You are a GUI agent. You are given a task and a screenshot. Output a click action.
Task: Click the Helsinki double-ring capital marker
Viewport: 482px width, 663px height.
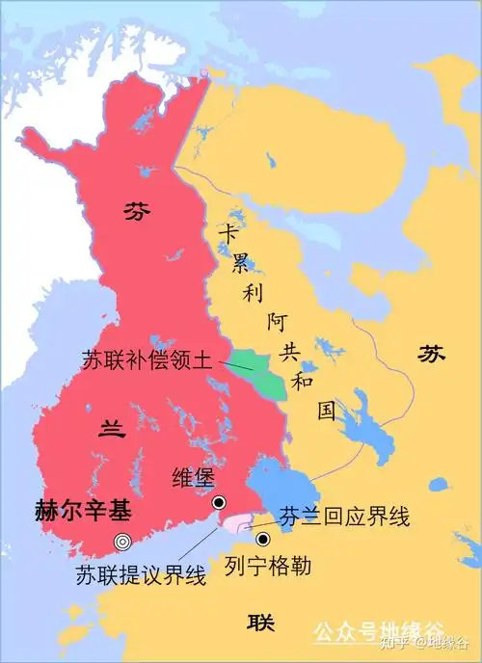coord(122,541)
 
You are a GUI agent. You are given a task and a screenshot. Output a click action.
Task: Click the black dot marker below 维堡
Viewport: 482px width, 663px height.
coord(219,502)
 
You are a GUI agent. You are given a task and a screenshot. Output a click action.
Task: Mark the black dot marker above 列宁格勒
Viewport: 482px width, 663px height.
coord(261,539)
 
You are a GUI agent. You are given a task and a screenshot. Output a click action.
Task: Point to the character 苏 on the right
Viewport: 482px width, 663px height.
coord(432,356)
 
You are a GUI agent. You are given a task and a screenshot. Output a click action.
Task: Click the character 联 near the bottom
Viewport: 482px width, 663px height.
coord(259,620)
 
